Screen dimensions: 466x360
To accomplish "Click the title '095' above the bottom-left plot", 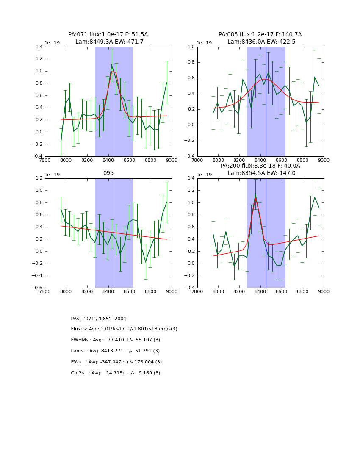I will [108, 173].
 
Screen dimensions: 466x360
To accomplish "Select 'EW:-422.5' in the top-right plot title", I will [279, 42].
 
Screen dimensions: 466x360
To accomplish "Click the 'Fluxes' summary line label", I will [80, 329].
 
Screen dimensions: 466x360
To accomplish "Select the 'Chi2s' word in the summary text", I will [79, 373].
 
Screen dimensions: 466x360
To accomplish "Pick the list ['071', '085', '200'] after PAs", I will [104, 319].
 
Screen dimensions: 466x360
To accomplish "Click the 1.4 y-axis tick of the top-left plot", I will [38, 47].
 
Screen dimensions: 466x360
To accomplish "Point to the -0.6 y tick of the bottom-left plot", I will [37, 288].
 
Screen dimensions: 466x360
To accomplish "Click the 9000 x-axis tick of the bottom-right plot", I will [324, 293].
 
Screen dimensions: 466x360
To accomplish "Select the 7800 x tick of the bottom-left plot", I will [45, 293].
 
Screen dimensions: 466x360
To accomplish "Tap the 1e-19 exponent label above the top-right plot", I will [205, 43].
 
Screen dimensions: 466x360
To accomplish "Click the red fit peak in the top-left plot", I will [112, 72].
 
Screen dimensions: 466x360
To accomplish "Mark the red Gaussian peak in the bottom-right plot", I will [255, 197].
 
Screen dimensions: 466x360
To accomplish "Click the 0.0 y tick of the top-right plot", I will [191, 125].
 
